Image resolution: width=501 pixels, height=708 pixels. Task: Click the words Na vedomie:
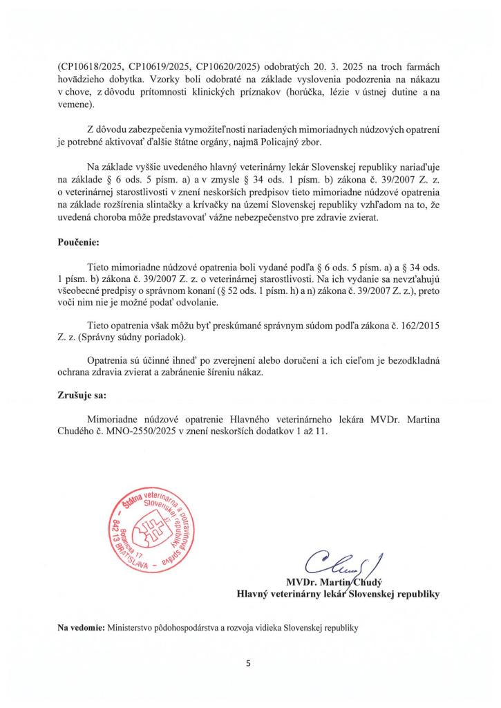(x=82, y=628)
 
